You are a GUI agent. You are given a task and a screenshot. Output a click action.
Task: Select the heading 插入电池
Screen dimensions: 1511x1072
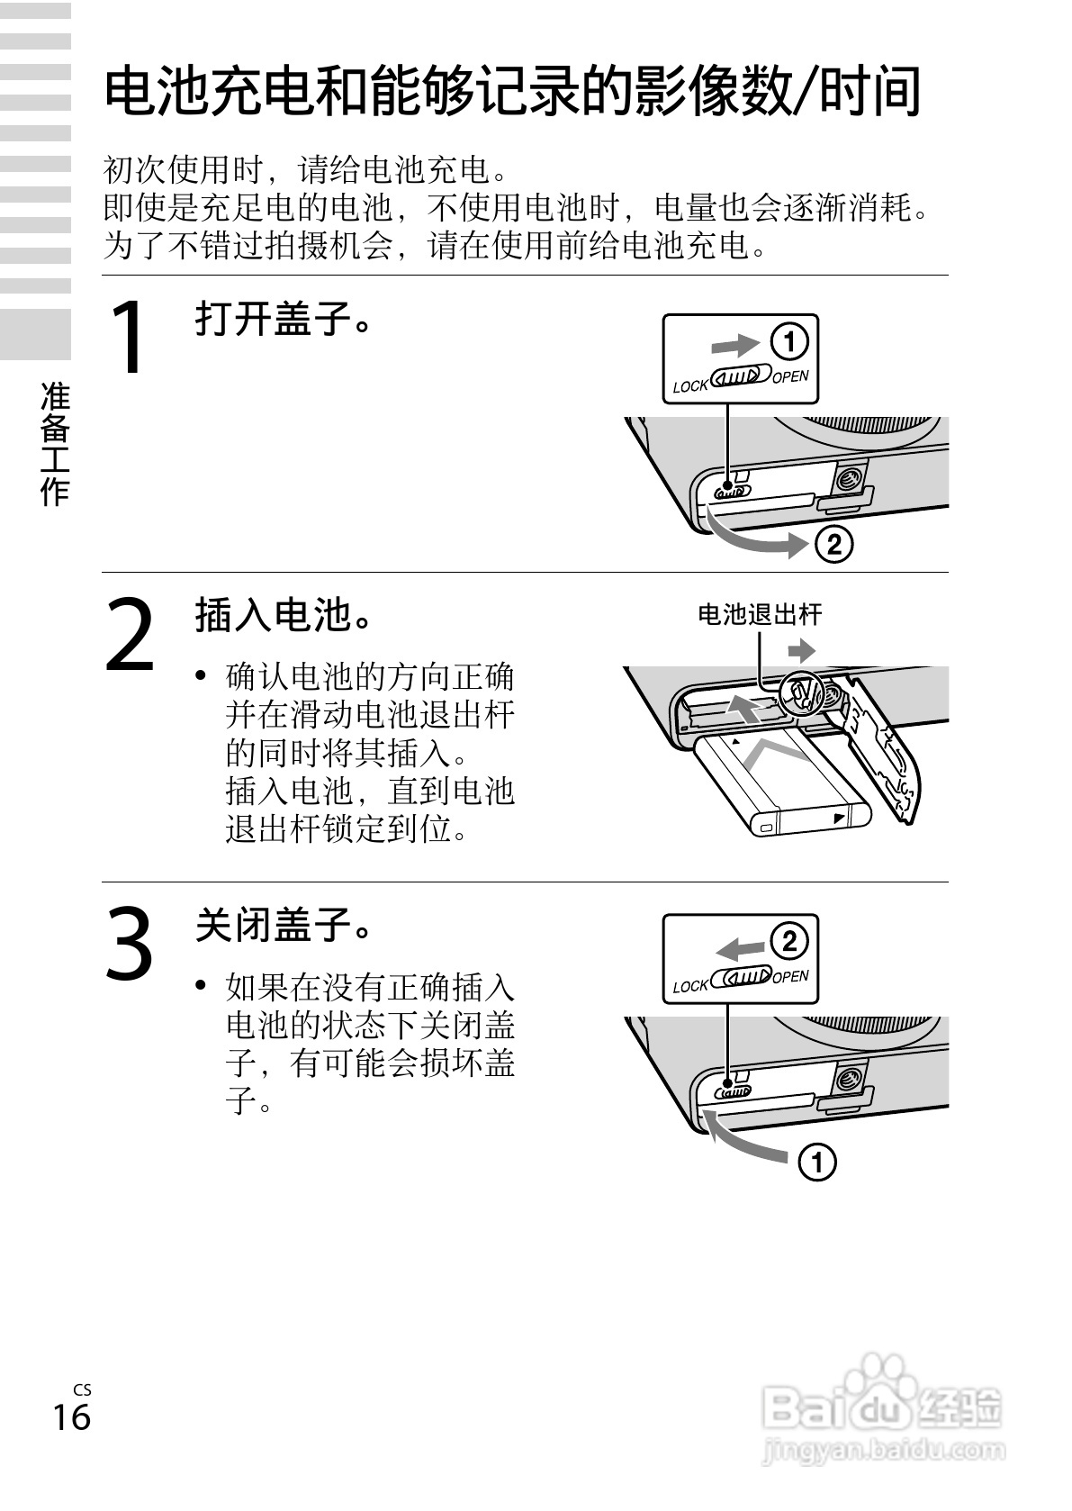[283, 615]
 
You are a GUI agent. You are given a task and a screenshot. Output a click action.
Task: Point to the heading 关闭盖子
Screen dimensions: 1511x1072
[283, 925]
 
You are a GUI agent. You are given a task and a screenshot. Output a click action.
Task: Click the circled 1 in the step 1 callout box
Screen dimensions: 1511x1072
[788, 343]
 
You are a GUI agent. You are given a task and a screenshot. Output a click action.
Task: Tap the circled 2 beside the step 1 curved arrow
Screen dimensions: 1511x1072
[833, 545]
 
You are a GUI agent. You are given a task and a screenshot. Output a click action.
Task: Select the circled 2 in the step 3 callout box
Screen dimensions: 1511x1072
[788, 942]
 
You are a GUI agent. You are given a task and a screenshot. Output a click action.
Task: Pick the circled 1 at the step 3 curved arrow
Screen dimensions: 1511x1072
[816, 1163]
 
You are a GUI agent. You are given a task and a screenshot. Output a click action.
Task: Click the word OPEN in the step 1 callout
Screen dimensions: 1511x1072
[790, 377]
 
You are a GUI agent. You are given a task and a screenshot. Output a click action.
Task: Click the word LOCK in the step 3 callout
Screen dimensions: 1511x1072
[690, 986]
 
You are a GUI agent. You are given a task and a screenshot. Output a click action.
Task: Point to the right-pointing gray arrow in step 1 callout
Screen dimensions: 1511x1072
[734, 345]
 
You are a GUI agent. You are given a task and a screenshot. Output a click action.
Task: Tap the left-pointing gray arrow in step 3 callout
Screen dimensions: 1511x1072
[739, 946]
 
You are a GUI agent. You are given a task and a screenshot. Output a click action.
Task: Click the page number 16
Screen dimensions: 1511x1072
[71, 1416]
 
